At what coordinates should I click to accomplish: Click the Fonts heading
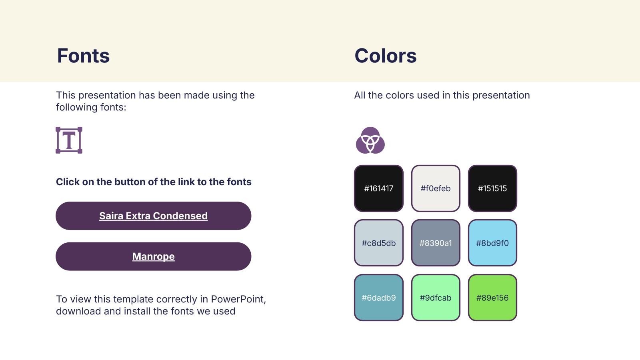pyautogui.click(x=83, y=56)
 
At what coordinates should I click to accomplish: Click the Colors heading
pyautogui.click(x=386, y=56)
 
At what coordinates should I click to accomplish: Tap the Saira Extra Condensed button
pyautogui.click(x=154, y=216)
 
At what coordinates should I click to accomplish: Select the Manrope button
pyautogui.click(x=154, y=256)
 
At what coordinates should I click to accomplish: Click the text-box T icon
pyautogui.click(x=69, y=140)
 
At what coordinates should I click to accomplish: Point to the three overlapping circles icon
pyautogui.click(x=370, y=140)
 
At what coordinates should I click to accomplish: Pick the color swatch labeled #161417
pyautogui.click(x=378, y=188)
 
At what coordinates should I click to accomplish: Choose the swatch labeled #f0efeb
pyautogui.click(x=436, y=188)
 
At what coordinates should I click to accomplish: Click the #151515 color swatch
pyautogui.click(x=492, y=188)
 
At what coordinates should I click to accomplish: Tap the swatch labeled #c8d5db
pyautogui.click(x=378, y=243)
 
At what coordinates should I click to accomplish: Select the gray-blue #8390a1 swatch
pyautogui.click(x=436, y=243)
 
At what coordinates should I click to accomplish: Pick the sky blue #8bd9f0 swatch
pyautogui.click(x=492, y=243)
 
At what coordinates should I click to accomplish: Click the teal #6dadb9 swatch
pyautogui.click(x=378, y=298)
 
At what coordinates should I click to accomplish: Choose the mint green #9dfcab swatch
pyautogui.click(x=436, y=298)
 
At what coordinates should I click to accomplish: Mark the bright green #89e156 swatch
pyautogui.click(x=492, y=298)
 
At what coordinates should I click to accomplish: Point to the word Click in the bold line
pyautogui.click(x=68, y=182)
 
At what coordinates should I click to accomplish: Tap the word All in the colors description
pyautogui.click(x=360, y=95)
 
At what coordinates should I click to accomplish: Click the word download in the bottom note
pyautogui.click(x=78, y=311)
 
